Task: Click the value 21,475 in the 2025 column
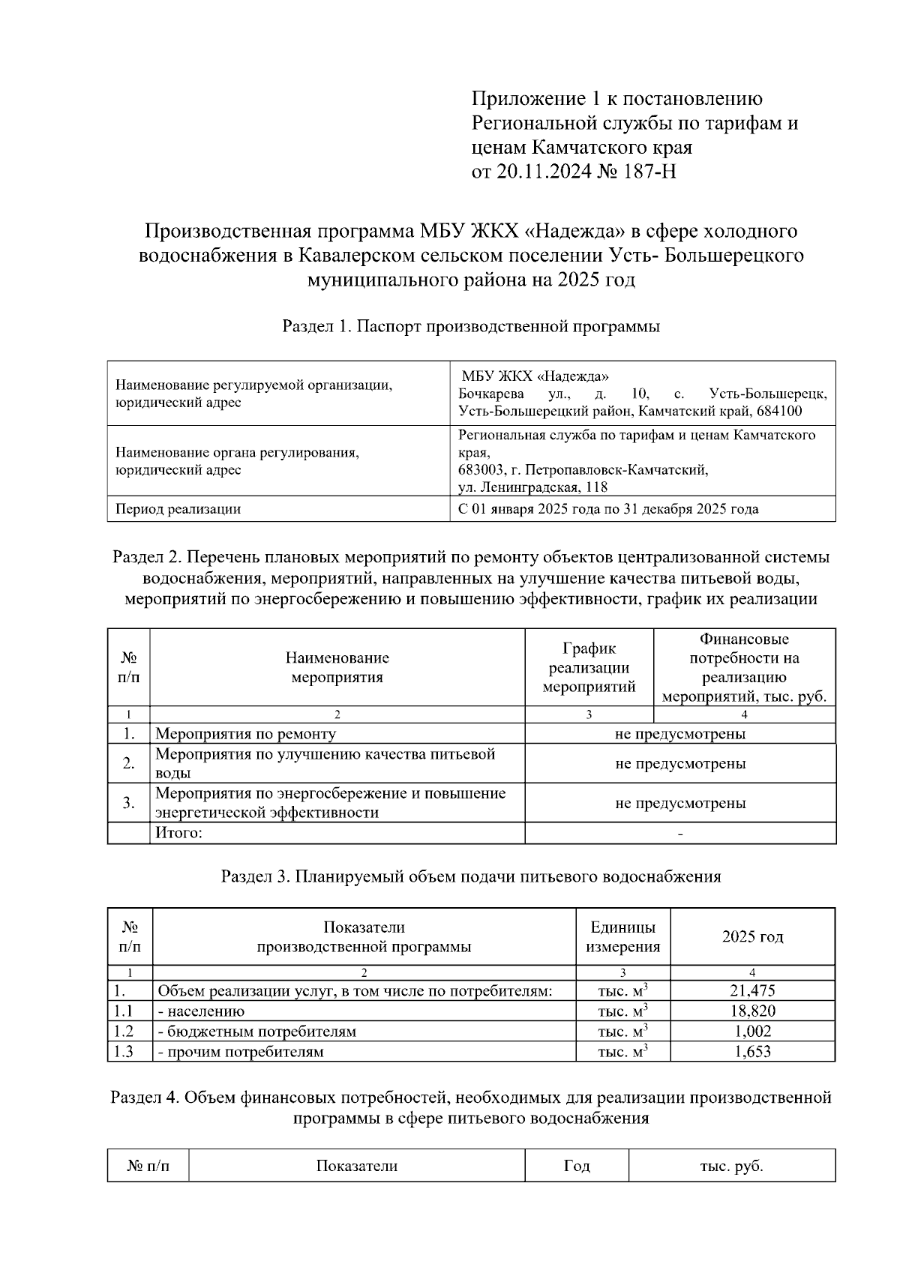[752, 990]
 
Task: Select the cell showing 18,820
[752, 1011]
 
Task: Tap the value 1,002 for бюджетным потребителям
[752, 1031]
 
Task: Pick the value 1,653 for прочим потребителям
[752, 1051]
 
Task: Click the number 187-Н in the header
[649, 172]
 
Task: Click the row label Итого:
[178, 833]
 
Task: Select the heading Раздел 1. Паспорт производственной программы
[471, 326]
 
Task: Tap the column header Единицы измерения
[622, 936]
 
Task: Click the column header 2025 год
[752, 936]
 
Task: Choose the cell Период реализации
[178, 509]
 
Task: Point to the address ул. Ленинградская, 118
[532, 487]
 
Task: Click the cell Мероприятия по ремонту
[245, 734]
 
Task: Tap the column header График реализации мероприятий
[589, 667]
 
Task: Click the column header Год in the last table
[576, 1166]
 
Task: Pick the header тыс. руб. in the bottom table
[731, 1166]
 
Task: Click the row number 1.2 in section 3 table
[124, 1031]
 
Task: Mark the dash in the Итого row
[680, 834]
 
